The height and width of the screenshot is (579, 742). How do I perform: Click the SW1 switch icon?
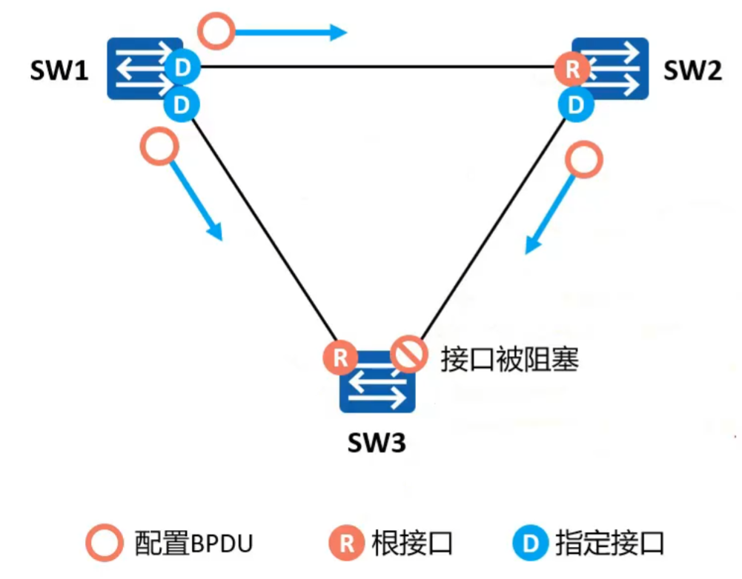[x=141, y=69]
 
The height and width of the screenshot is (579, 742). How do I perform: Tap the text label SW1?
[x=59, y=72]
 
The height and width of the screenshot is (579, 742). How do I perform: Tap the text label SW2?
[x=692, y=72]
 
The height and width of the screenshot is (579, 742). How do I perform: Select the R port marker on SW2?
[x=572, y=70]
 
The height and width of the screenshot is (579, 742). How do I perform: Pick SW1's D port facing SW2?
[x=182, y=69]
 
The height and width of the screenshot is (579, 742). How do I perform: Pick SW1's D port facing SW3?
[x=181, y=104]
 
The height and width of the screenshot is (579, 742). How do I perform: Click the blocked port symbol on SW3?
[x=409, y=356]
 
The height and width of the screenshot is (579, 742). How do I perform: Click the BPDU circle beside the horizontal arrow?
[x=217, y=31]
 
